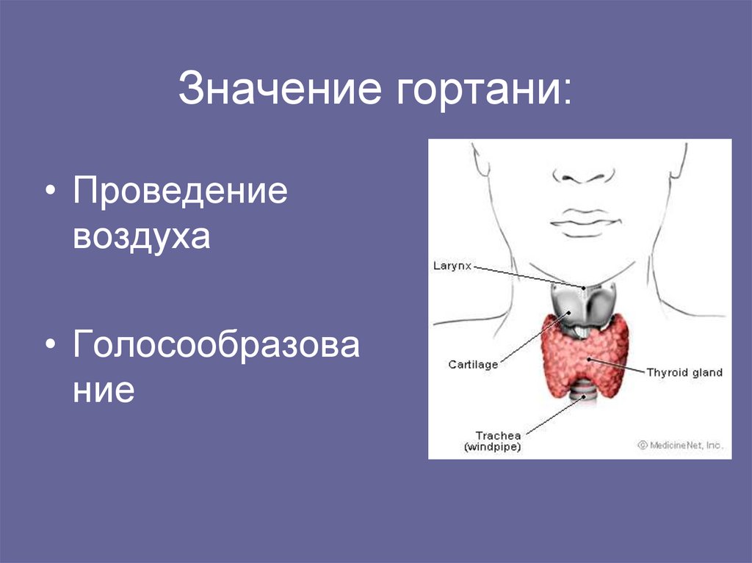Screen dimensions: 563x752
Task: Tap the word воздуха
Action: [x=142, y=236]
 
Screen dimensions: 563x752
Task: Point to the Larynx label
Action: [x=451, y=267]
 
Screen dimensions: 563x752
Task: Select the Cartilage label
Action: [x=473, y=364]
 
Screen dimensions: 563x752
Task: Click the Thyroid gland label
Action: [x=684, y=372]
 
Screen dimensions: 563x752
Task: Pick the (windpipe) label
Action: [x=492, y=447]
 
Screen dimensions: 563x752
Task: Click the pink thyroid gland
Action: [x=587, y=356]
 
